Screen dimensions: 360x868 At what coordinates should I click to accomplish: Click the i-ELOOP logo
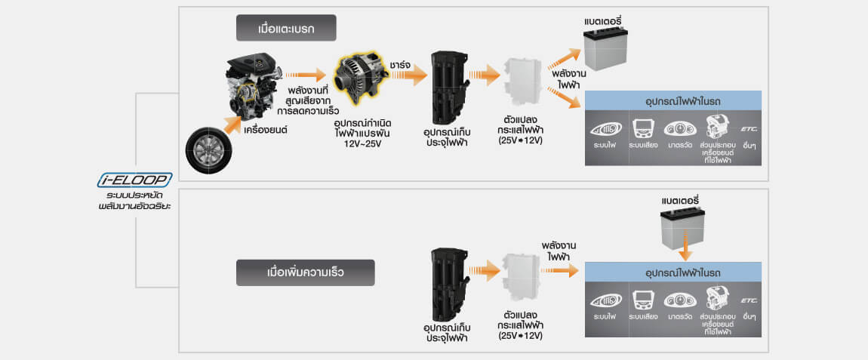point(135,180)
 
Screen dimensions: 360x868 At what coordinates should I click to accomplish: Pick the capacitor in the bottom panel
point(449,283)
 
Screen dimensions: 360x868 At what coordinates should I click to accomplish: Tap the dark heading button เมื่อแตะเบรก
point(285,29)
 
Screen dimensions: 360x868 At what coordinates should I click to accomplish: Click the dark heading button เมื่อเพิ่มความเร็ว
point(305,272)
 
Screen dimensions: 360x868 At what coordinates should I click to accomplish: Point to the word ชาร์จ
point(401,66)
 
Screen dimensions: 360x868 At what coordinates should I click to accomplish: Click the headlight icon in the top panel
point(605,129)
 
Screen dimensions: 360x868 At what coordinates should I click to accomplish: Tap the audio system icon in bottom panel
point(642,300)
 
